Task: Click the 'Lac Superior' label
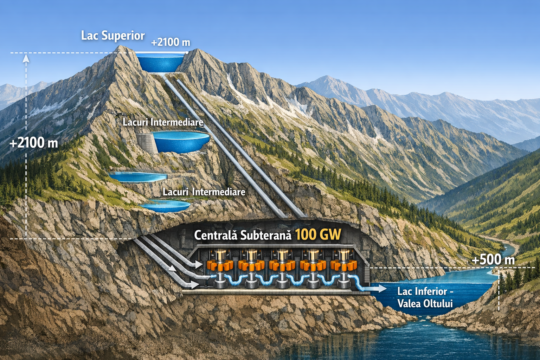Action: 113,36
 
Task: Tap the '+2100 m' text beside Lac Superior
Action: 171,42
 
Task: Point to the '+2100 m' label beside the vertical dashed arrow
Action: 34,143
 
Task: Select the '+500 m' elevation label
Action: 493,260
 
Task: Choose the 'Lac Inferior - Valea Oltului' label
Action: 425,297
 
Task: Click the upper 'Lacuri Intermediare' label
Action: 163,122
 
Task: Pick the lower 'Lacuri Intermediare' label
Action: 204,192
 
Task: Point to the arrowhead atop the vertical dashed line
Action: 26,59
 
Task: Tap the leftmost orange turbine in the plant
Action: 220,265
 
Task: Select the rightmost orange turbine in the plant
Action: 343,265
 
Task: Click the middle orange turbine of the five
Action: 282,265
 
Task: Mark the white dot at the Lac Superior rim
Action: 187,53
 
